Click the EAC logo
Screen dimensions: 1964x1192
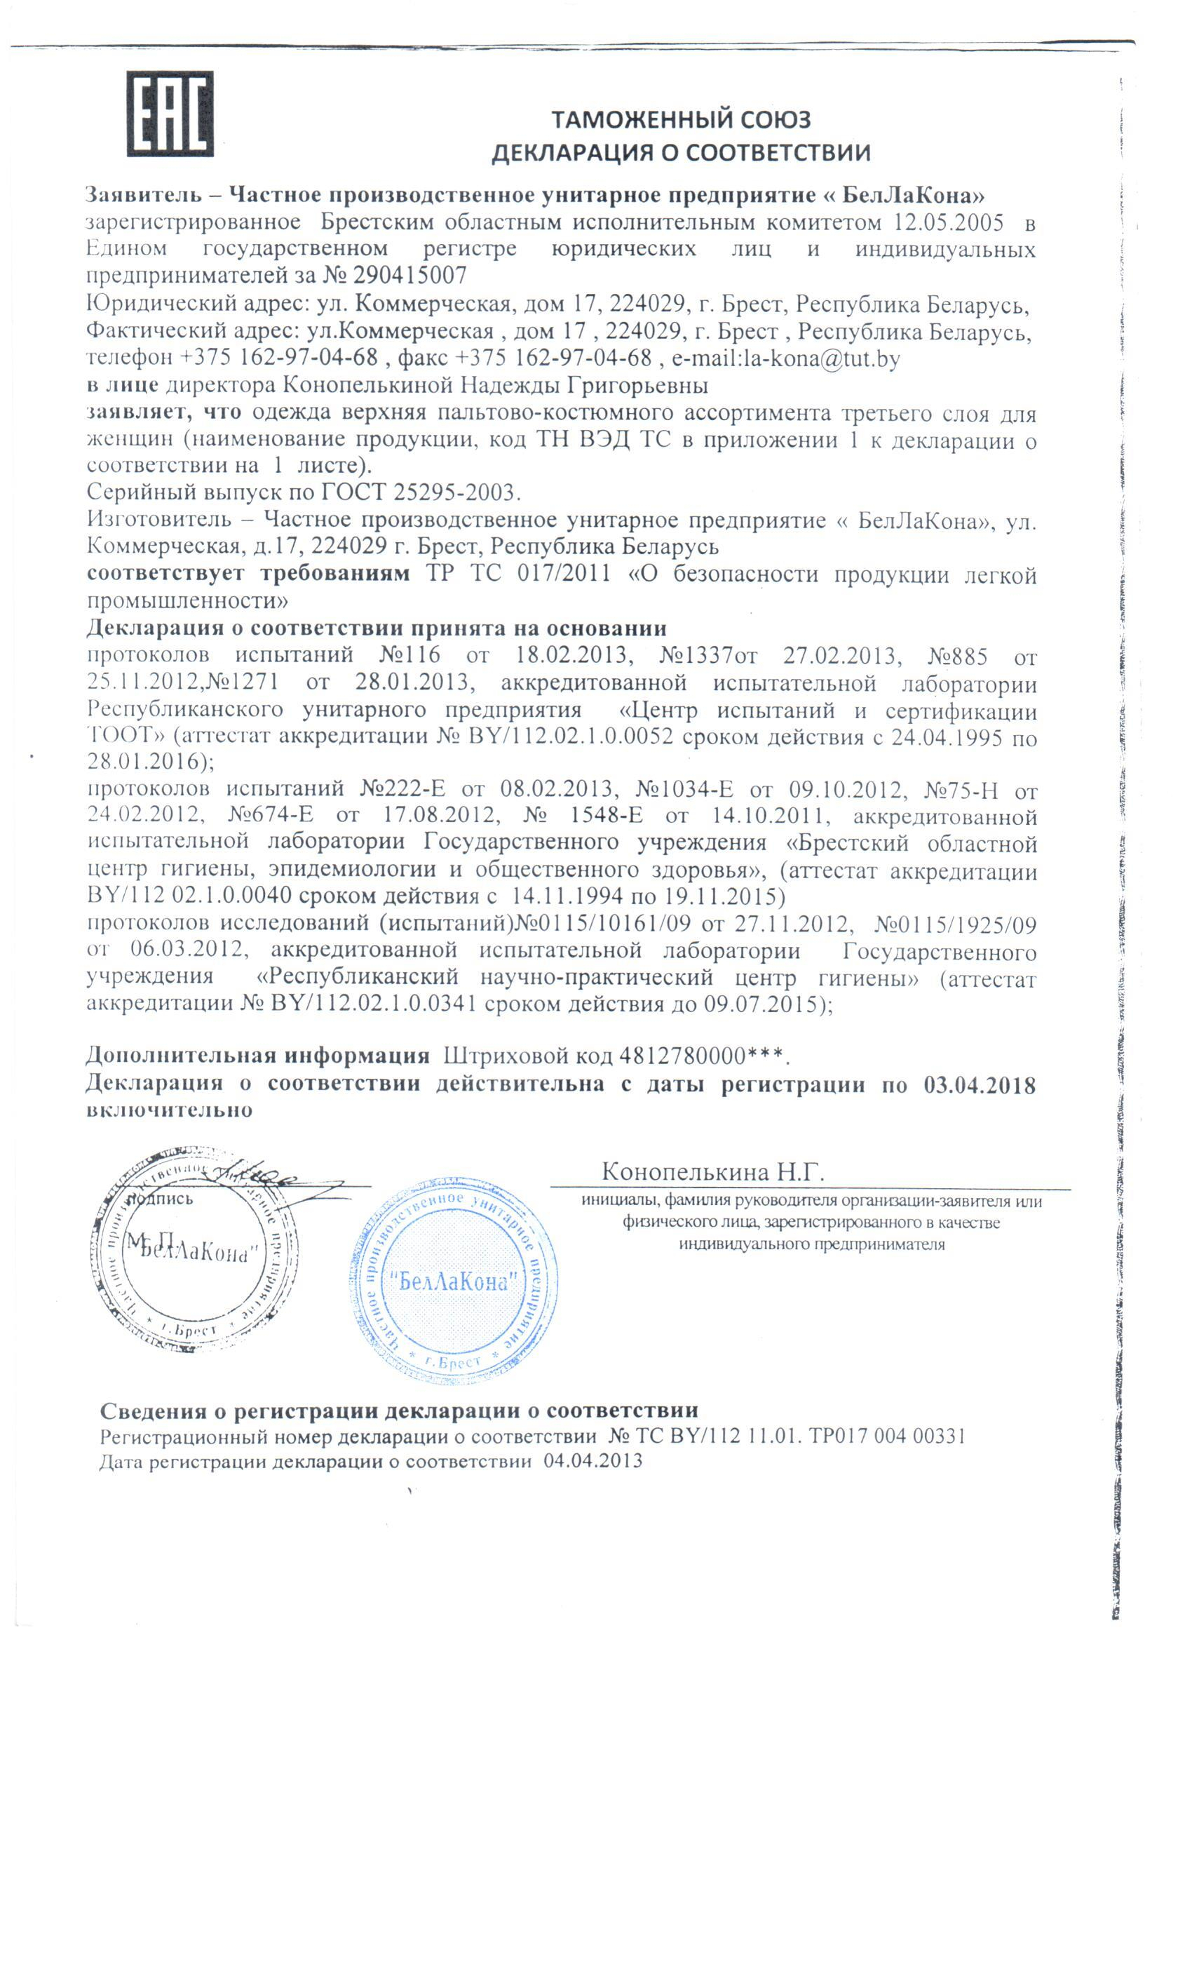coord(170,113)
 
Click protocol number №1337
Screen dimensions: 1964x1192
coord(696,656)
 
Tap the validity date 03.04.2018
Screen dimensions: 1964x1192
coord(980,1085)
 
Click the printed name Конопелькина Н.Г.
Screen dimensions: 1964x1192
coord(712,1171)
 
